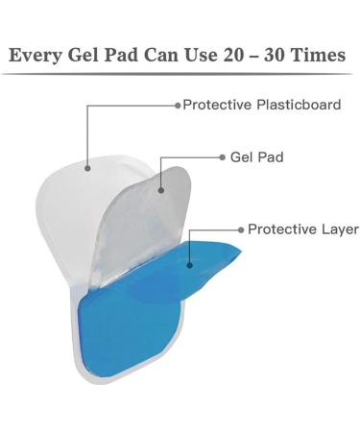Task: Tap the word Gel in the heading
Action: [x=87, y=56]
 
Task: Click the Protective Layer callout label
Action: [x=303, y=229]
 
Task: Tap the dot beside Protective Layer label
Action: [x=240, y=229]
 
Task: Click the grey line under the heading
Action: [x=180, y=75]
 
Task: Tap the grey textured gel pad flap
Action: [x=144, y=221]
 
